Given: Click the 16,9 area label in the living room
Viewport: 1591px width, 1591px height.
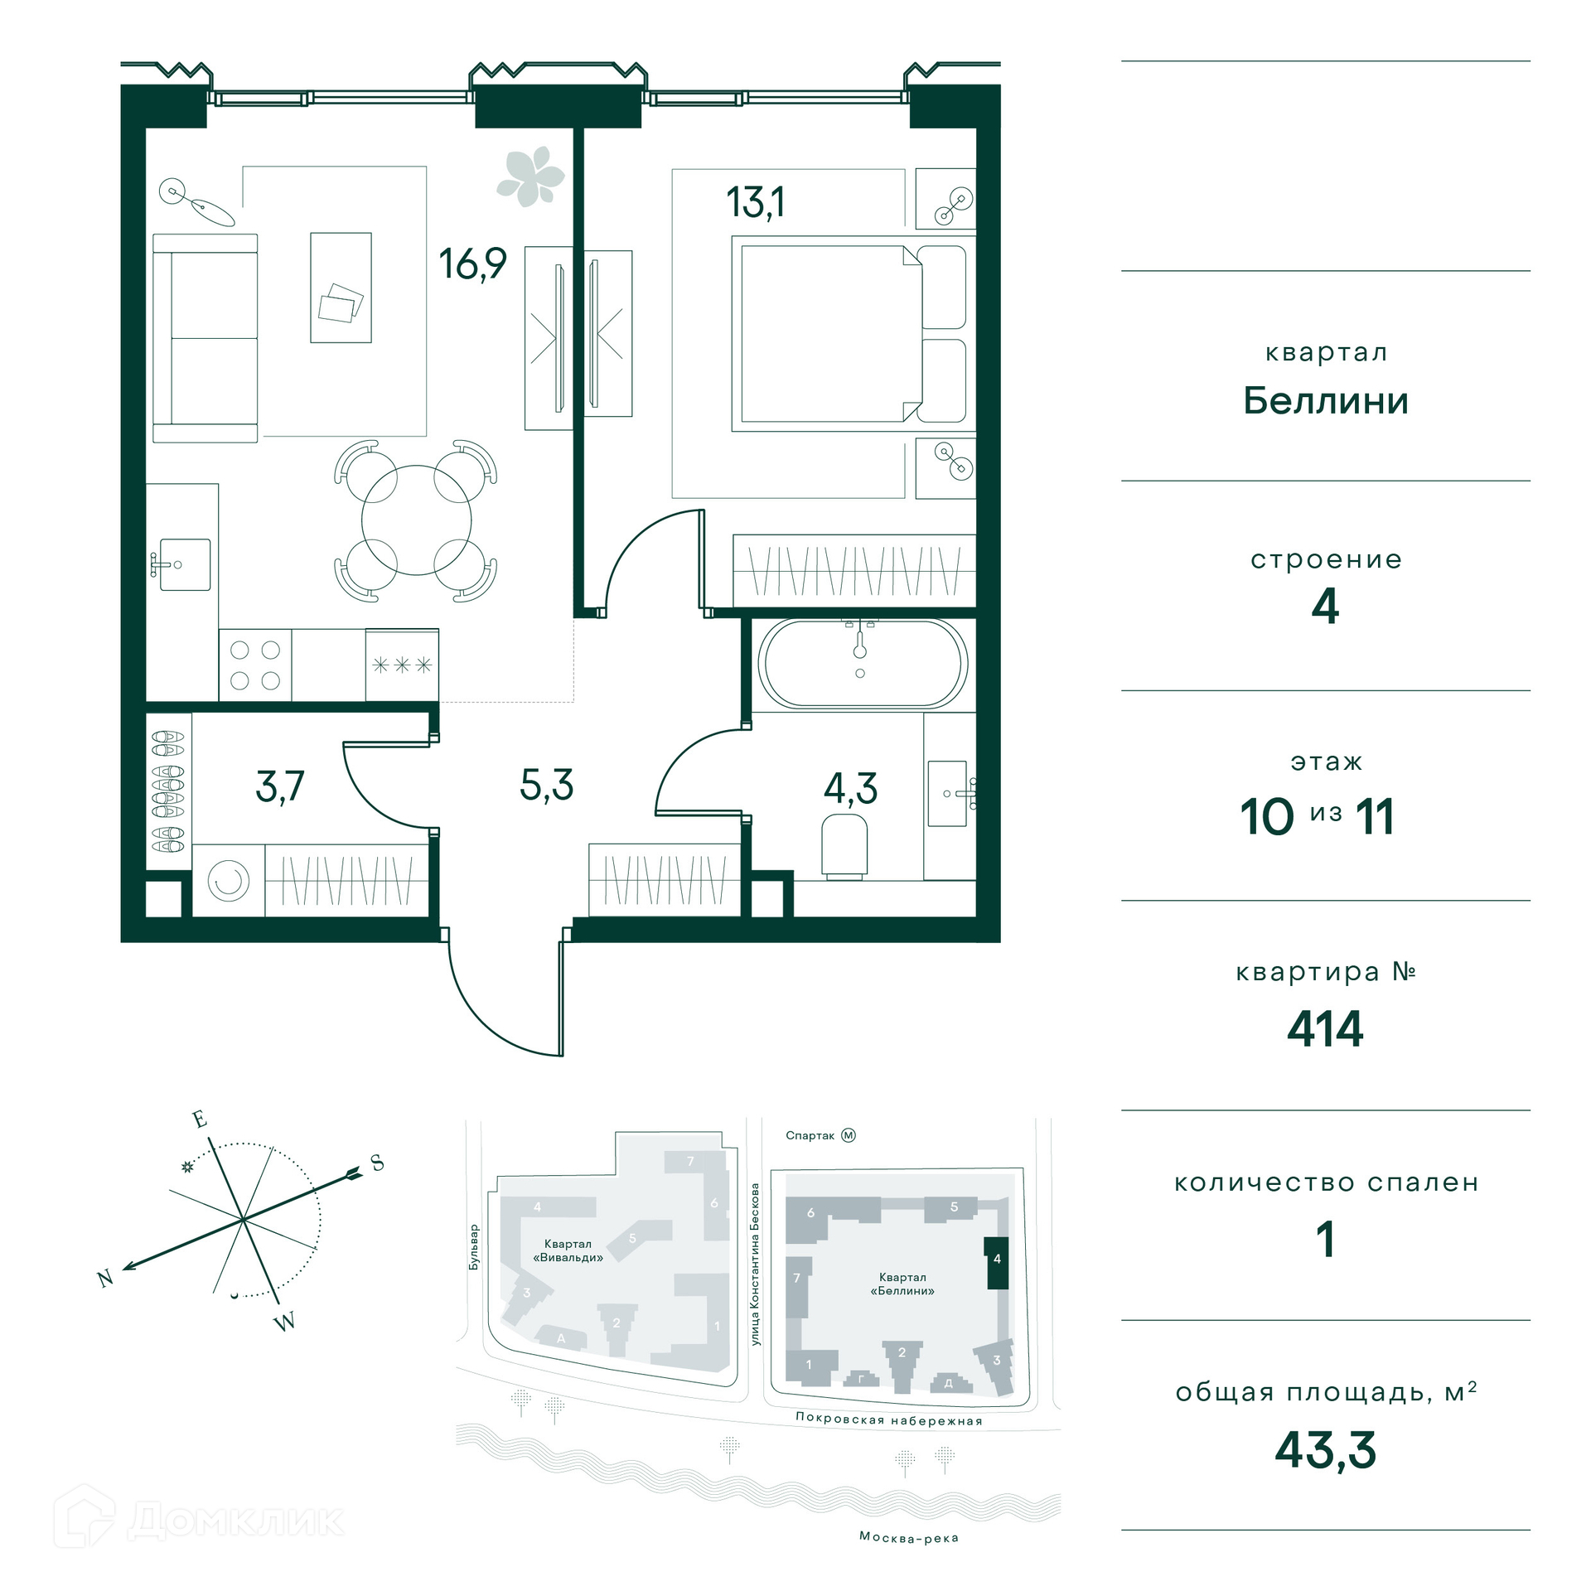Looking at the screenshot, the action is tap(472, 264).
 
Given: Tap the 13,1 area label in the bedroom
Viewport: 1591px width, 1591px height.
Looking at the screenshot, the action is tap(755, 202).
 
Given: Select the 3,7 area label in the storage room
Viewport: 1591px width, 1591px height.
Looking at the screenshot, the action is tap(280, 786).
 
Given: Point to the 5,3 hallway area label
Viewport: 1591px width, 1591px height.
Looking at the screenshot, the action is tap(547, 785).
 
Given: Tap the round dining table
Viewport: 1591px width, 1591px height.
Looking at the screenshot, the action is tap(416, 520).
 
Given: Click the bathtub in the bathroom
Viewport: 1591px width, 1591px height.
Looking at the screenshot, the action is tap(862, 663).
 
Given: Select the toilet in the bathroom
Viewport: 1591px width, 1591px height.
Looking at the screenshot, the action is tap(844, 845).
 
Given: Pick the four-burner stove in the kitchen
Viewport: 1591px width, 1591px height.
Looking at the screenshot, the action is tap(255, 665).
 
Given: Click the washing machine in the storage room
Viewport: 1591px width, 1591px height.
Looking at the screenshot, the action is tap(229, 880).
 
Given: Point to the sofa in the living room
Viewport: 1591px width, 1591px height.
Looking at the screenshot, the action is tap(206, 338).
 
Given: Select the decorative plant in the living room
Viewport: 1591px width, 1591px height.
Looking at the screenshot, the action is tap(530, 176).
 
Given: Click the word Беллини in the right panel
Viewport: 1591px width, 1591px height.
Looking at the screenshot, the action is tap(1326, 401).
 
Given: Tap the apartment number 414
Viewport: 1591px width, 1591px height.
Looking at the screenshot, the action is tap(1325, 1029).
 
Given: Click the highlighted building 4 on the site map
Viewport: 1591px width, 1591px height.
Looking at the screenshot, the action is tap(996, 1262).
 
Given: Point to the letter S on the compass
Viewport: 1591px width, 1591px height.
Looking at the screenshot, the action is tap(377, 1163).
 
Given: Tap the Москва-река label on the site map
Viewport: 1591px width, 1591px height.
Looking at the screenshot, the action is tap(909, 1538).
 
